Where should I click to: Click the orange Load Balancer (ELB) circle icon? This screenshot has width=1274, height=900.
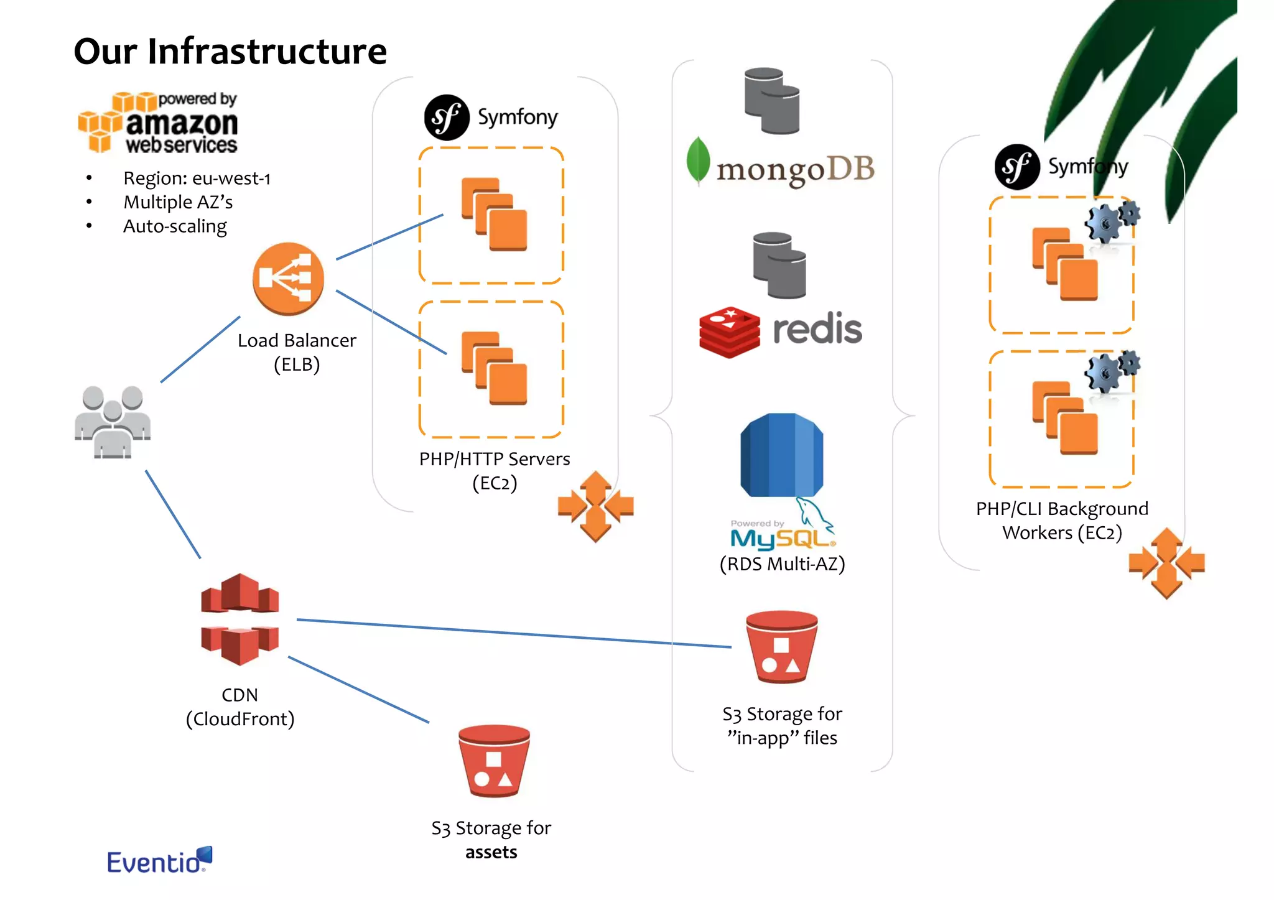(288, 278)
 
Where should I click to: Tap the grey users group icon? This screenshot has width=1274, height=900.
(113, 422)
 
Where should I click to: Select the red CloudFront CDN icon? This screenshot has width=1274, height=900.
(240, 619)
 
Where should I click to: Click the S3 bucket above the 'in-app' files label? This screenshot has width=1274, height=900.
(781, 647)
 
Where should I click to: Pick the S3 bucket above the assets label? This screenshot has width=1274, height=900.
(493, 761)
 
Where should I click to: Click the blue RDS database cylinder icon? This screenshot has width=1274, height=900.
(781, 455)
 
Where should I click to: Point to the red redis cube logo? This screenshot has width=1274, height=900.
(729, 332)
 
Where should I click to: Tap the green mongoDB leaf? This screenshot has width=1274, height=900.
(698, 160)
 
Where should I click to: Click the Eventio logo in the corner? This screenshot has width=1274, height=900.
(159, 860)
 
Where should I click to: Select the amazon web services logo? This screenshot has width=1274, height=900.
(159, 123)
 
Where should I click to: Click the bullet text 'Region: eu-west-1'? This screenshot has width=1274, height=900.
(197, 179)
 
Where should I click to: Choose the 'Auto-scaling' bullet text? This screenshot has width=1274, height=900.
(175, 226)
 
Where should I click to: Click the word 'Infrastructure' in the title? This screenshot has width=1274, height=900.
(267, 51)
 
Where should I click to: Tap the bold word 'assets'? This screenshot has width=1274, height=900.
(491, 852)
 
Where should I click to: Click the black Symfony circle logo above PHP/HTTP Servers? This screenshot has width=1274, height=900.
(446, 118)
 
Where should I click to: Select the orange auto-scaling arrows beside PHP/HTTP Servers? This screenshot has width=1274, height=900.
(595, 506)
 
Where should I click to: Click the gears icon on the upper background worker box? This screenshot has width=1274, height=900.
(1112, 221)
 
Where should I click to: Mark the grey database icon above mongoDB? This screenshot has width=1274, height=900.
(771, 101)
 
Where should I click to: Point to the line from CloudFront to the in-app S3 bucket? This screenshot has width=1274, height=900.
(513, 633)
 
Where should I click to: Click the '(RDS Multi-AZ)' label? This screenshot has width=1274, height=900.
(782, 564)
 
